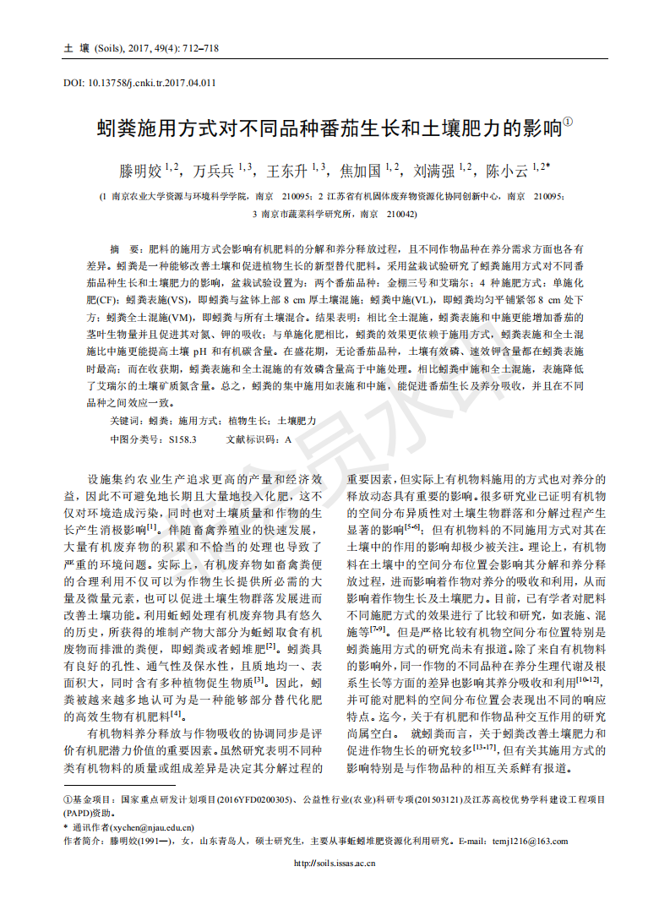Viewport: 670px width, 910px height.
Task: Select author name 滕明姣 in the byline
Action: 141,172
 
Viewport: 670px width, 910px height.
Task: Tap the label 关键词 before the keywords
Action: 127,421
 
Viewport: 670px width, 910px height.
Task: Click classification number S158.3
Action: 182,439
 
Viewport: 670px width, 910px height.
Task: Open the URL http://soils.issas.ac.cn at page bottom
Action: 335,863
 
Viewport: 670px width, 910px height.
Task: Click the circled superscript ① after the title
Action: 568,123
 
